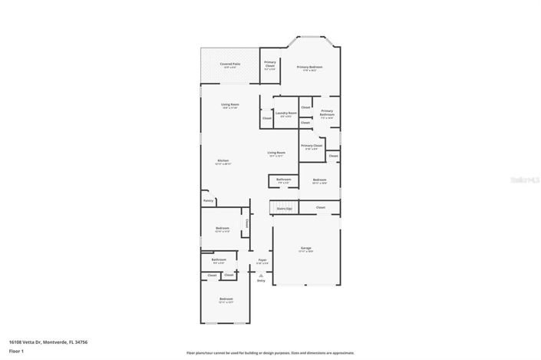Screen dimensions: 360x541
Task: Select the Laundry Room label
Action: point(285,114)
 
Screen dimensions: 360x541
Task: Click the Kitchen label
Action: point(223,160)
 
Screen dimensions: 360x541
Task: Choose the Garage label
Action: point(305,248)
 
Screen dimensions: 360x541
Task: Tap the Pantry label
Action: point(208,200)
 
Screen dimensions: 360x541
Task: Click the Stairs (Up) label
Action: point(284,207)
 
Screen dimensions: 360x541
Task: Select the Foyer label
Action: point(262,260)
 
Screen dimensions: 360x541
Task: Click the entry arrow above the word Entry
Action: point(261,273)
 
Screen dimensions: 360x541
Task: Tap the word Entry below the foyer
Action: point(261,281)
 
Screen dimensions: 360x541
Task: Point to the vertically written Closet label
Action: point(246,223)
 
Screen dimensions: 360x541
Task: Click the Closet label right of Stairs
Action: point(320,207)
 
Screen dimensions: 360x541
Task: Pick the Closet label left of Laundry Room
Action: point(266,118)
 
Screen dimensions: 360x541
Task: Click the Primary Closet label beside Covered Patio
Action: point(270,64)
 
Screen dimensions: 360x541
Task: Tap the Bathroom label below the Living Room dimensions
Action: point(283,180)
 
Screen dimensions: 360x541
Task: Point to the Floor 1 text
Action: point(15,352)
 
